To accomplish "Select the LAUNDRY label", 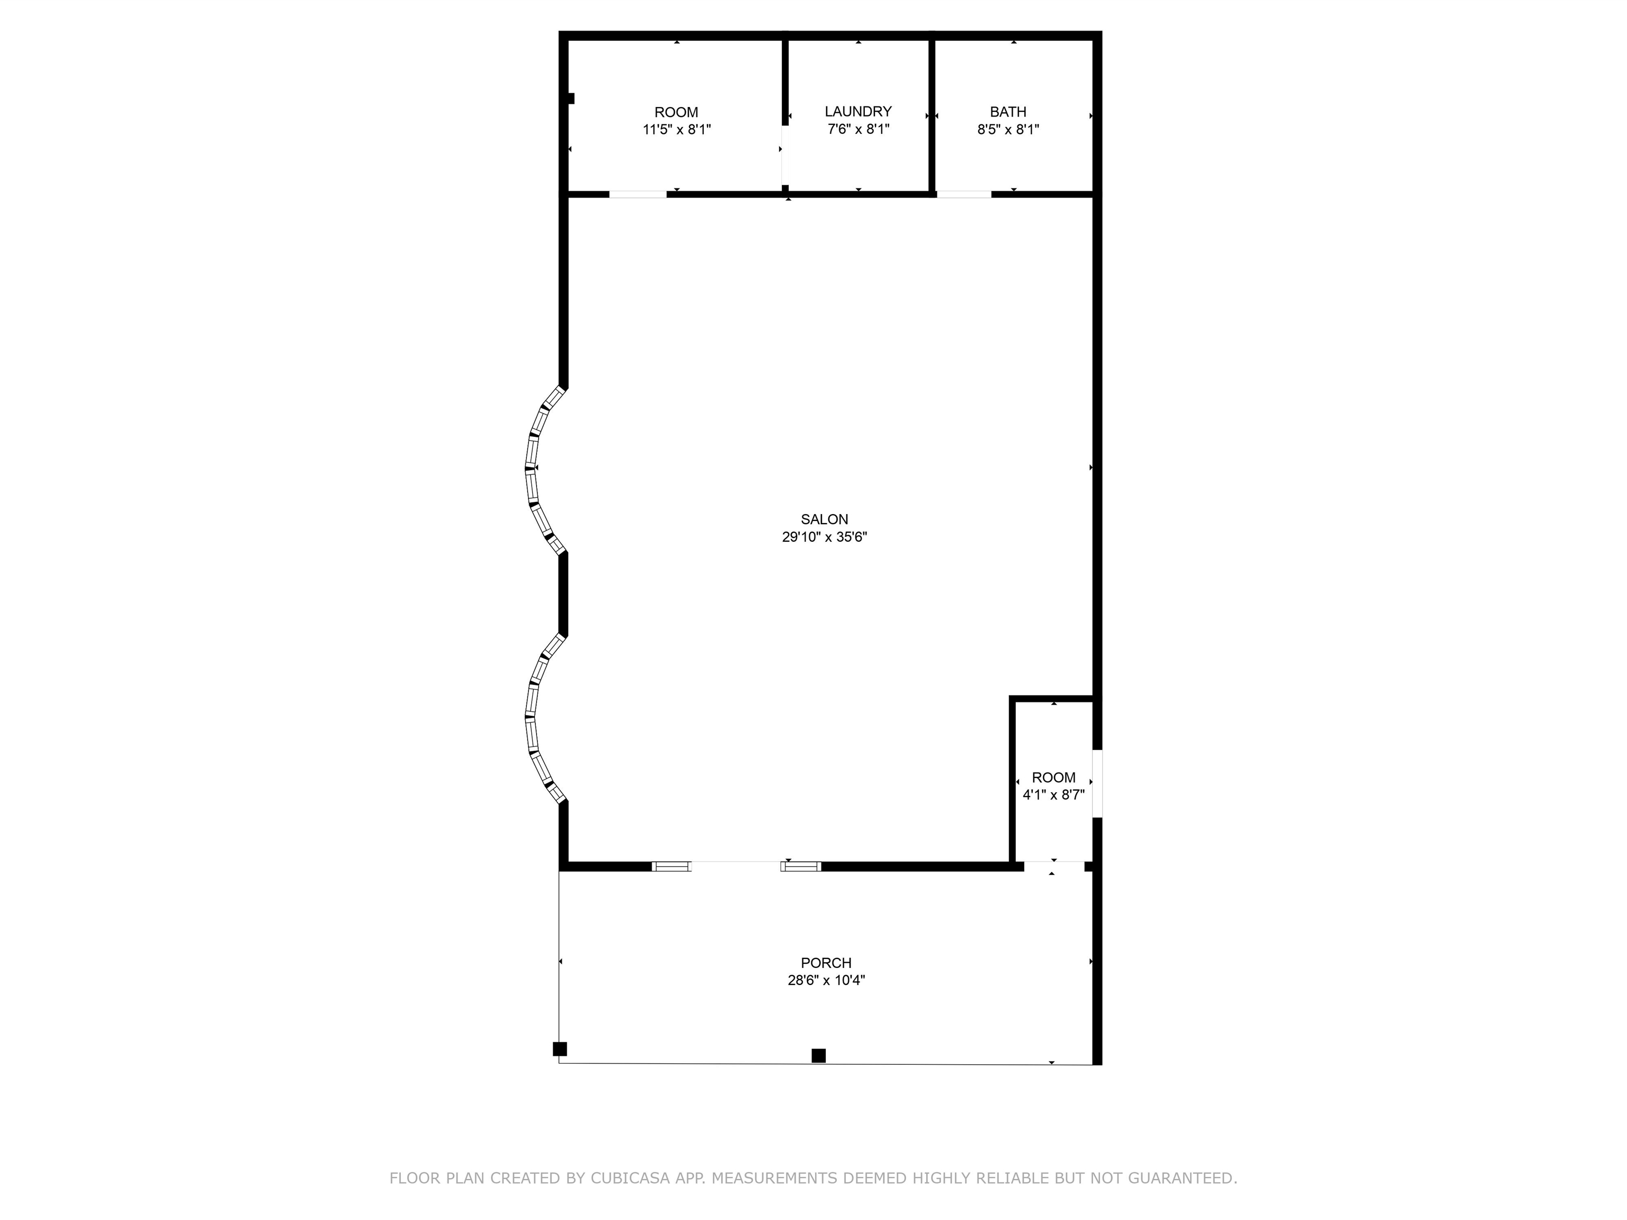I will tap(857, 111).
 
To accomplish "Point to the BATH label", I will tap(1008, 112).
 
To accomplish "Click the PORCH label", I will tap(826, 963).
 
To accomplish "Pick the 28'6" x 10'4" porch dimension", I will tap(826, 980).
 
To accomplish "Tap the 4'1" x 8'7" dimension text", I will tap(1053, 795).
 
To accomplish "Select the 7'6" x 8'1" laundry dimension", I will tap(857, 129).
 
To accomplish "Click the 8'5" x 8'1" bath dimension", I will tap(1008, 129).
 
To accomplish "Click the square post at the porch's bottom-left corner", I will tap(560, 1048).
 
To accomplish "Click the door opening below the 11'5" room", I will tap(638, 194).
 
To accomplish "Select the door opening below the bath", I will tap(963, 194).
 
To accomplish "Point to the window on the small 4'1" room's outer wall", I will tap(1097, 783).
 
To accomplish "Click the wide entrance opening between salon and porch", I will tap(736, 866).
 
